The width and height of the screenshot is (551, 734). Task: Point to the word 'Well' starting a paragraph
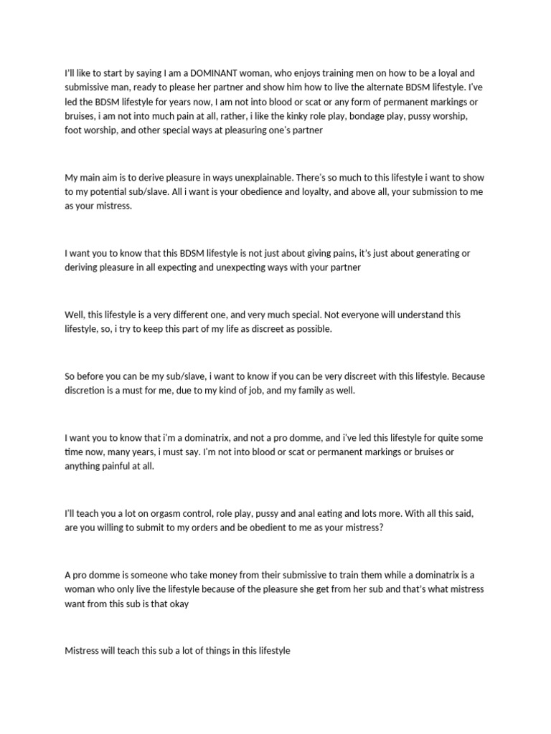[74, 314]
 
